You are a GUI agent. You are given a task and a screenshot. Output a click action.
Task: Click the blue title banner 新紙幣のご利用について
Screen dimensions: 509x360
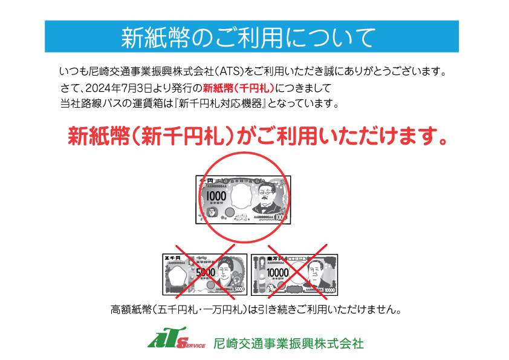click(251, 36)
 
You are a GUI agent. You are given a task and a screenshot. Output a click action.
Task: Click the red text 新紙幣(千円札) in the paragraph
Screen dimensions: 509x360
click(239, 88)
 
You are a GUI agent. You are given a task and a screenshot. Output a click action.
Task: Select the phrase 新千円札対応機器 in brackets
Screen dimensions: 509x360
click(220, 103)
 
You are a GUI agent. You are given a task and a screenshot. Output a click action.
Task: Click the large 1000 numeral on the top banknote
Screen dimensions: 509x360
click(216, 196)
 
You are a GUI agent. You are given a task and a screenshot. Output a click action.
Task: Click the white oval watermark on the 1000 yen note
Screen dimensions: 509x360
click(240, 195)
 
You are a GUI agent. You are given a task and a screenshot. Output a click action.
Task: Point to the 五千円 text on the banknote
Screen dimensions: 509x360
click(172, 258)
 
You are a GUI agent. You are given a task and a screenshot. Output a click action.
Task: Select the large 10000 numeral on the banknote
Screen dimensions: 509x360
click(277, 273)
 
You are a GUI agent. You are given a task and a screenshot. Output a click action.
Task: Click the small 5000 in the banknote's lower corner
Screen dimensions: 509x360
click(239, 289)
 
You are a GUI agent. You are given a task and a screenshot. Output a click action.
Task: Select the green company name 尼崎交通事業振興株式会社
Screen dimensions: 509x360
click(288, 344)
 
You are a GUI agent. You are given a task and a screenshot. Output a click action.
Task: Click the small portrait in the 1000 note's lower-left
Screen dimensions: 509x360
click(212, 212)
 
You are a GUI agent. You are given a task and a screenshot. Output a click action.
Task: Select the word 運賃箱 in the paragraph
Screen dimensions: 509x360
click(147, 103)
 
